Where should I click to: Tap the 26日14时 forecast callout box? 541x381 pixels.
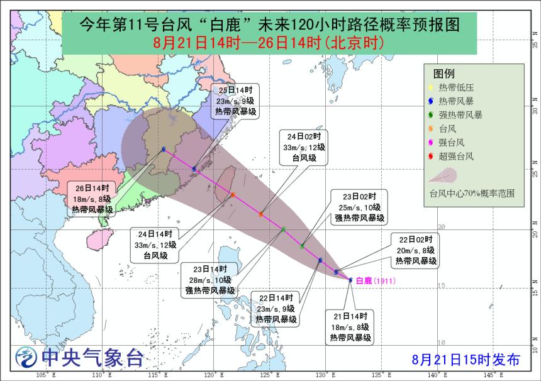pos(92,199)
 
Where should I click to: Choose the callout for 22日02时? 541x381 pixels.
pos(416,250)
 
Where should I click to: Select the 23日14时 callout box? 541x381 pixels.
pos(209,279)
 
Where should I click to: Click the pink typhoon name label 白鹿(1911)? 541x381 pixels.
pos(375,280)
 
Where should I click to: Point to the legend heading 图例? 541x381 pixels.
pos(444,73)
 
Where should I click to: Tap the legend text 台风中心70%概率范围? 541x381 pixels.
pos(472,193)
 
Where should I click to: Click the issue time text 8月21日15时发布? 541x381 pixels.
pos(466,360)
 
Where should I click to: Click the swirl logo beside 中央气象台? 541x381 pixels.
pos(26,357)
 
